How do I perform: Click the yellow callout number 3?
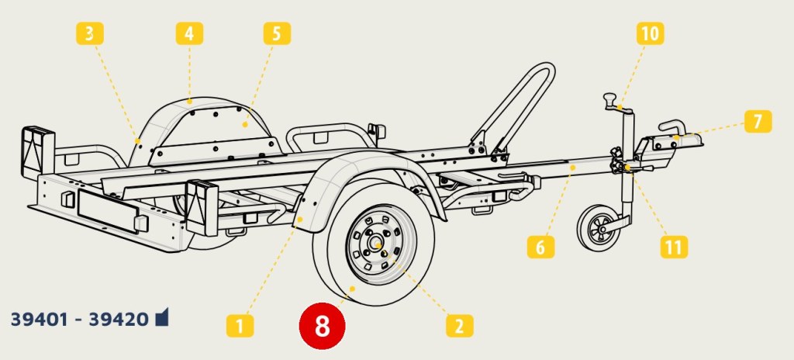click(90, 34)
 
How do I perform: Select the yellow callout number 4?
click(189, 34)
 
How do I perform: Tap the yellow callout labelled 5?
click(277, 34)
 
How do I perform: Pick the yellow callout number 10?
click(651, 34)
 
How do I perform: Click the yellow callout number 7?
click(758, 122)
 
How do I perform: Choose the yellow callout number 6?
click(540, 247)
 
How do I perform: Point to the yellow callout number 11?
click(674, 247)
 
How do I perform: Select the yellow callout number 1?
click(240, 326)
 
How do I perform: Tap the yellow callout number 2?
click(459, 326)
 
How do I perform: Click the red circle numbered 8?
click(322, 326)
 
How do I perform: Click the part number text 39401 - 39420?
click(80, 320)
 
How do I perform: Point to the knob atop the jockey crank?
click(610, 98)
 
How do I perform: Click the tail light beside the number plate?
click(202, 207)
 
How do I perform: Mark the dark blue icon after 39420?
click(161, 317)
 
